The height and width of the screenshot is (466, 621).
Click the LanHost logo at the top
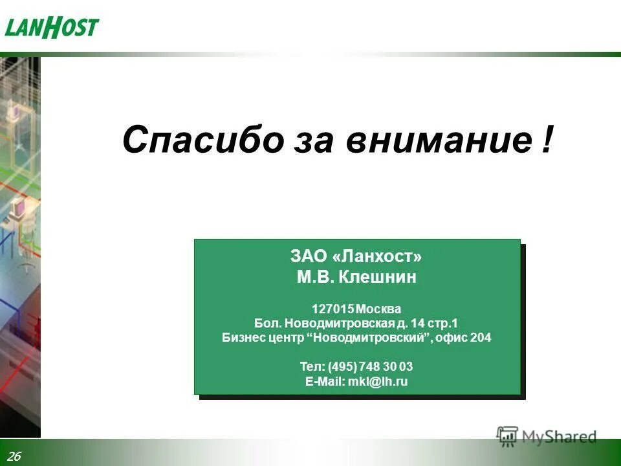pyautogui.click(x=52, y=28)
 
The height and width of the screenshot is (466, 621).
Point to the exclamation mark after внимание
pyautogui.click(x=548, y=140)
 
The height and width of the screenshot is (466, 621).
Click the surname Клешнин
pyautogui.click(x=378, y=278)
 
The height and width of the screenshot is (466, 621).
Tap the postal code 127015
pyautogui.click(x=332, y=308)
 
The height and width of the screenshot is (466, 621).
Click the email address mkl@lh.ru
pyautogui.click(x=378, y=382)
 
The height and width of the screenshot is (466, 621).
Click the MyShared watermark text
pyautogui.click(x=559, y=438)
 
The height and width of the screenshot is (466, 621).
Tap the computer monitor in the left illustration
pyautogui.click(x=18, y=208)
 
